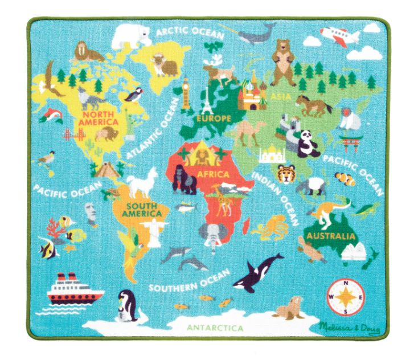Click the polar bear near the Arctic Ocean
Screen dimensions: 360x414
point(130,36)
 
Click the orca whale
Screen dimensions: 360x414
point(257,271)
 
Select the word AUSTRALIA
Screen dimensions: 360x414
point(331,235)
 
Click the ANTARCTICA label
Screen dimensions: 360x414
point(215,328)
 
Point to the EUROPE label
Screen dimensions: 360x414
point(214,118)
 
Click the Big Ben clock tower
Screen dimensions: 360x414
point(186,92)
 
